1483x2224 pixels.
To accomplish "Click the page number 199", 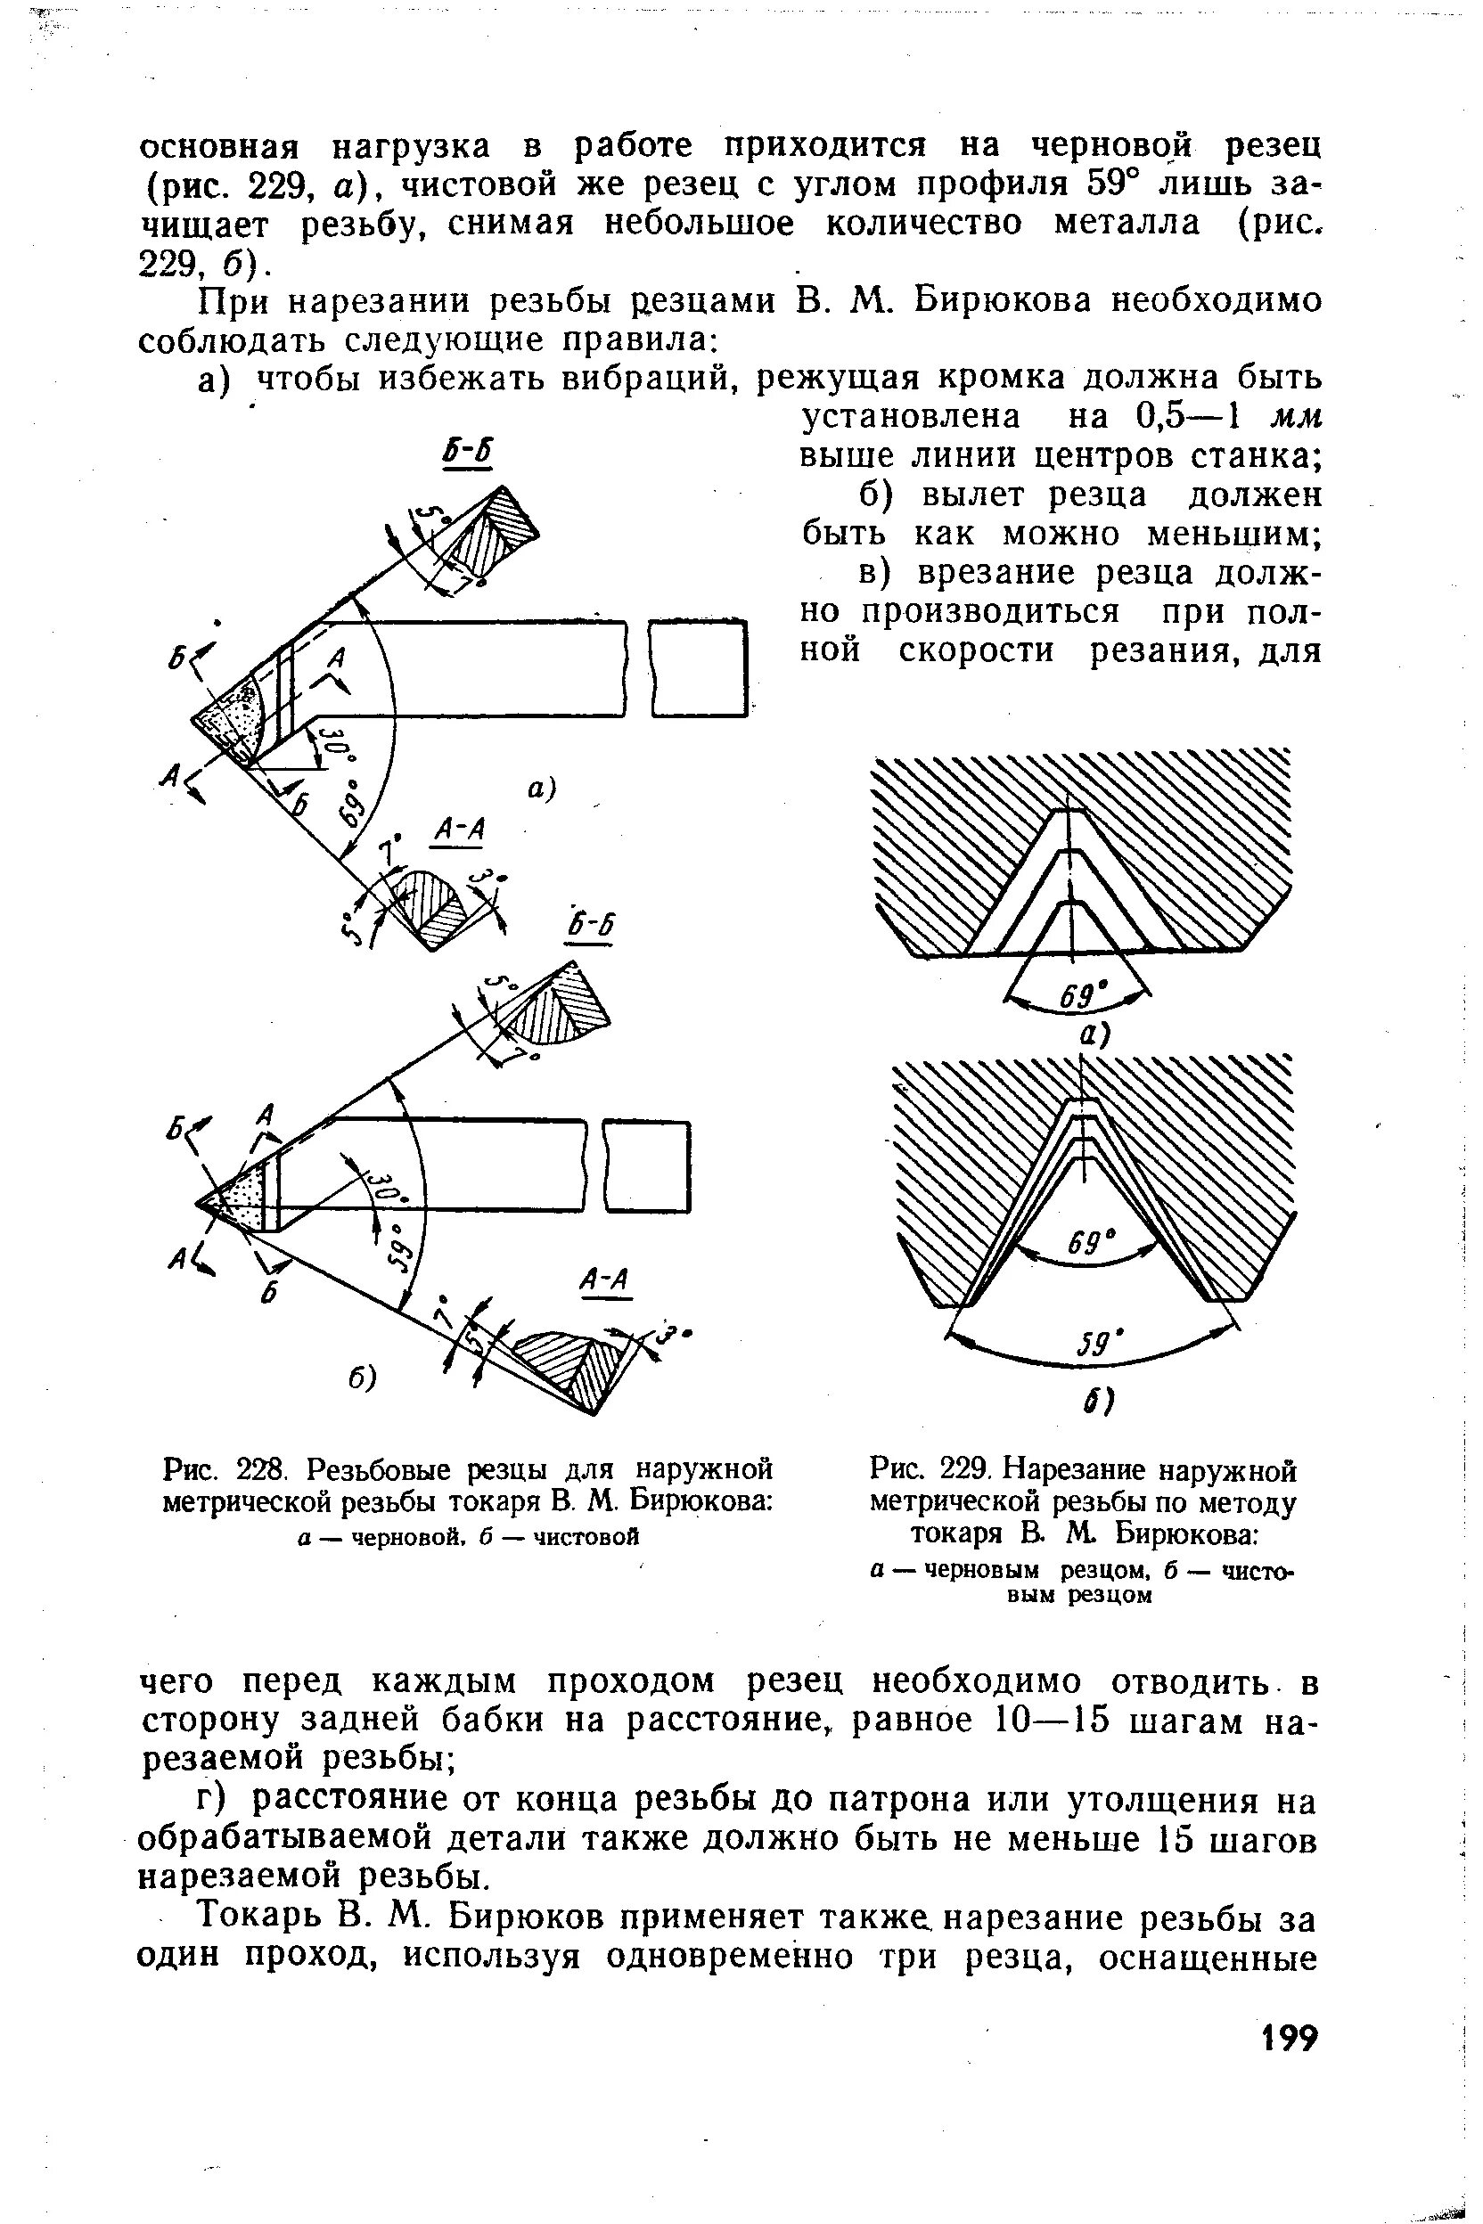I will click(1289, 2037).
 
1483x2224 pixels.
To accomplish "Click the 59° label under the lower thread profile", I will click(1094, 1345).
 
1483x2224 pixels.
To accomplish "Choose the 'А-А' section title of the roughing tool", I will click(458, 831).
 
